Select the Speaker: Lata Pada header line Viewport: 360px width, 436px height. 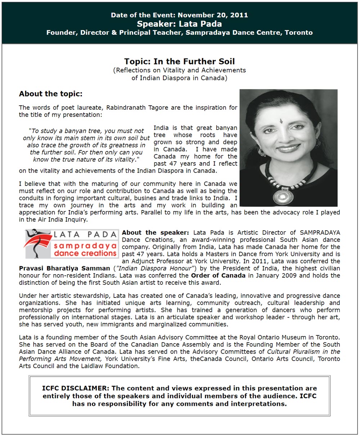[x=179, y=24]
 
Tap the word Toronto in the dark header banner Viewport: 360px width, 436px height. [x=298, y=32]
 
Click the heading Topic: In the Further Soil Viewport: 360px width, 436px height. [x=179, y=61]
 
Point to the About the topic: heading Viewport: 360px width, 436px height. [x=51, y=94]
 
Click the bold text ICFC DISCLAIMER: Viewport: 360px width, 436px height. [x=75, y=389]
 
